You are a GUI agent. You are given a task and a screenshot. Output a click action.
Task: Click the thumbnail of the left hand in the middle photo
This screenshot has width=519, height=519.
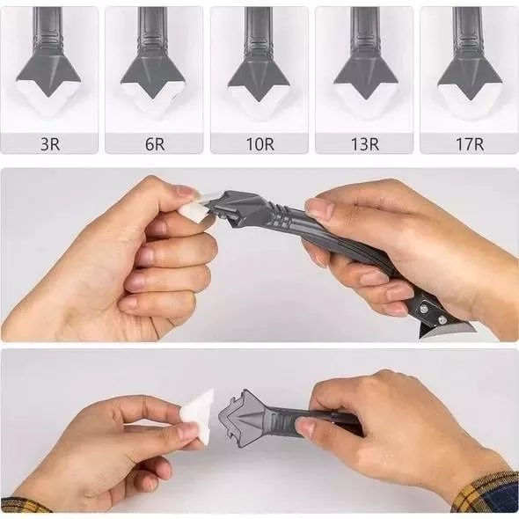(x=186, y=191)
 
